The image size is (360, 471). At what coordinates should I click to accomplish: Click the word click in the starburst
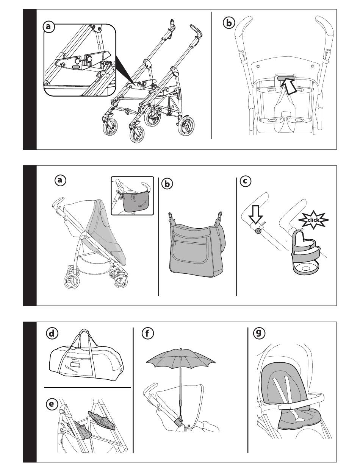(x=313, y=220)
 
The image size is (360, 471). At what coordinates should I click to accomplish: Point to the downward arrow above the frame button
(x=256, y=216)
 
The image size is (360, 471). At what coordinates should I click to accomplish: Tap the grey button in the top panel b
(x=286, y=78)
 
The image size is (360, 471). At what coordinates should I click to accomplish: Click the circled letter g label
(x=259, y=333)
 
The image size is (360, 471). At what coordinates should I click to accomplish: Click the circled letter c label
(x=245, y=181)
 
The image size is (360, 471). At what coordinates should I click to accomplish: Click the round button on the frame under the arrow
(x=258, y=231)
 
